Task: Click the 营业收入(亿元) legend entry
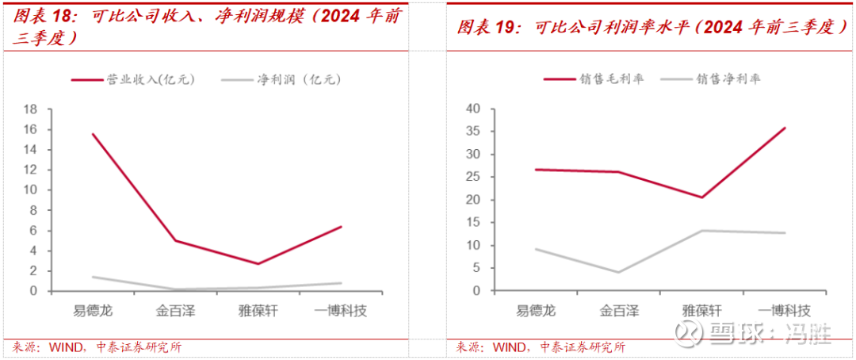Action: point(151,79)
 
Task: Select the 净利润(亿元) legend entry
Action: point(298,79)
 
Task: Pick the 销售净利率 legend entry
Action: point(728,79)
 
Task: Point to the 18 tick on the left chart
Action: point(32,109)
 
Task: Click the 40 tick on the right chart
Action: point(474,109)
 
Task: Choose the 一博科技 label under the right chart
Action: point(784,310)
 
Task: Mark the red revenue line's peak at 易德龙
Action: point(93,134)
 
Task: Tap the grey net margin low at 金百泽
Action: point(617,272)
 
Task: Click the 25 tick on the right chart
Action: point(474,177)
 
